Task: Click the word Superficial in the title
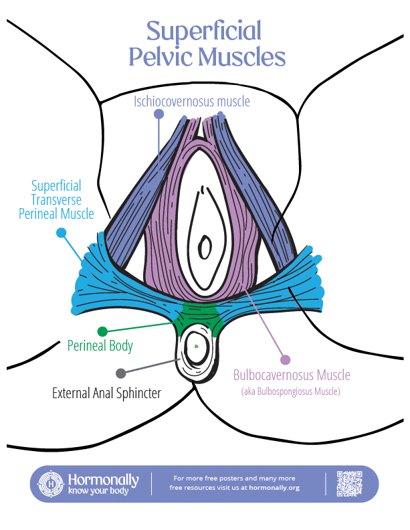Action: (203, 31)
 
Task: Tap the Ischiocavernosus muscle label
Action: (191, 102)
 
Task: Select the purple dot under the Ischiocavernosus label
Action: (159, 114)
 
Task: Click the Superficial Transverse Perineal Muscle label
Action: (61, 199)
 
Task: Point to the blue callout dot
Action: (62, 233)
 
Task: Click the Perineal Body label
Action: (100, 346)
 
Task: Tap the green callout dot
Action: (102, 331)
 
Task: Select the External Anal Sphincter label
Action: (106, 393)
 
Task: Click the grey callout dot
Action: (120, 373)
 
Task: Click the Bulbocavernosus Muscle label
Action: (291, 375)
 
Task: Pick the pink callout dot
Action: (286, 359)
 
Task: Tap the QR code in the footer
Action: (349, 484)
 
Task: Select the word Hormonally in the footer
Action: (103, 479)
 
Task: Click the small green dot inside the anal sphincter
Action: (197, 347)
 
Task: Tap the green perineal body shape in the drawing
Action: (199, 313)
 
